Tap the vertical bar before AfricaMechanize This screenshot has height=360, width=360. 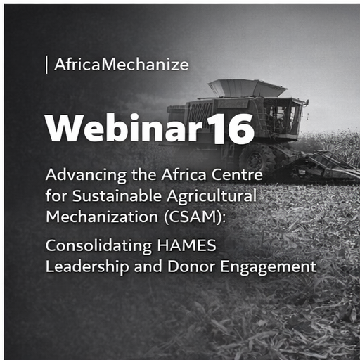(x=46, y=65)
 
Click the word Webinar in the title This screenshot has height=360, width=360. (x=124, y=128)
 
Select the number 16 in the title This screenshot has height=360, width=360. (x=231, y=128)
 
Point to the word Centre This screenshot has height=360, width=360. (x=240, y=174)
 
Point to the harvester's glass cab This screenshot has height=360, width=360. (x=283, y=113)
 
